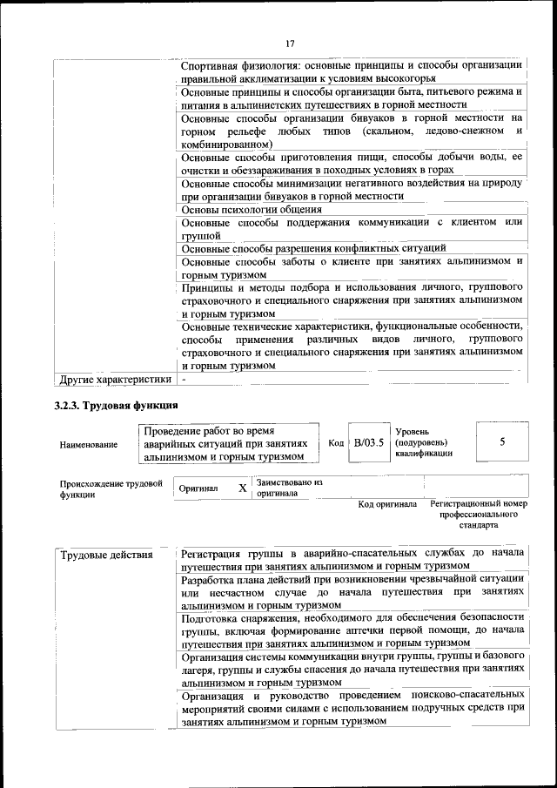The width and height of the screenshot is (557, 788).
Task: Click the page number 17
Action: (x=290, y=44)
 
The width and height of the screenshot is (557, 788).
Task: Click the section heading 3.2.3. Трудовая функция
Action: (x=116, y=405)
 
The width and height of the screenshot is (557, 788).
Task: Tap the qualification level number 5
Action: (x=502, y=441)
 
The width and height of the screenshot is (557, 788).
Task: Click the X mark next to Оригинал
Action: (x=242, y=488)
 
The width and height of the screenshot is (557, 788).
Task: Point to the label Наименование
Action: (x=89, y=444)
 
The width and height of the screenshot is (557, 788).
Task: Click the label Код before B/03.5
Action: (x=336, y=442)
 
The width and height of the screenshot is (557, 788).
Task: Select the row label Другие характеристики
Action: (x=113, y=380)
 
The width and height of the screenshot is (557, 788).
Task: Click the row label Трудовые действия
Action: (x=105, y=555)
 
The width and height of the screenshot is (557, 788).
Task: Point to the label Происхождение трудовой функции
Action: (x=111, y=488)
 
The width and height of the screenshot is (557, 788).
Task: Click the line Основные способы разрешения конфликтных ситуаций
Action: (x=313, y=249)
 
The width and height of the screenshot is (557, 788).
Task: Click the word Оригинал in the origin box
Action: (x=198, y=489)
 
